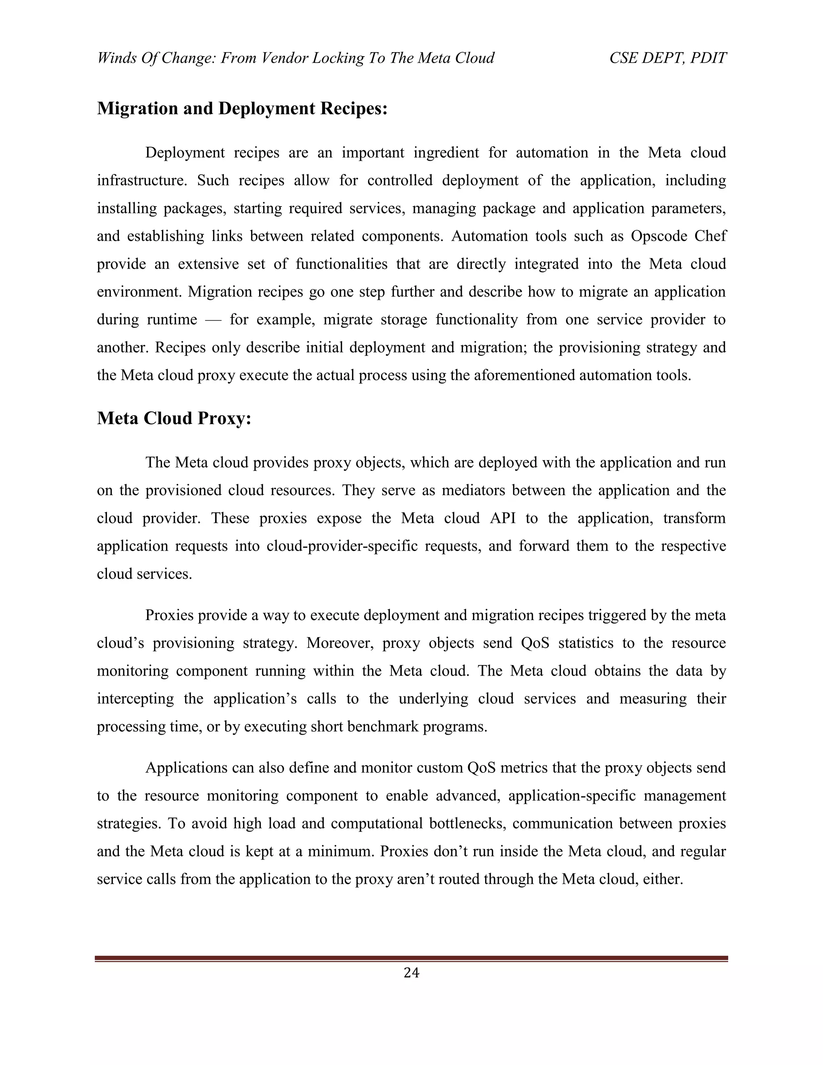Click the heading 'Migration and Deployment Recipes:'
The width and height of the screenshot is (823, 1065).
242,108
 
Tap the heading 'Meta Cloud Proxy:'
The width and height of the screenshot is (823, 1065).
174,418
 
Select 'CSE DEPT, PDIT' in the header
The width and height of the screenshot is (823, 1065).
667,58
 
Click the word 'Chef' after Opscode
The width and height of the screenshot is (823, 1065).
713,236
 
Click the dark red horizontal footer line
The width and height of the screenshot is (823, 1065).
411,958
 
